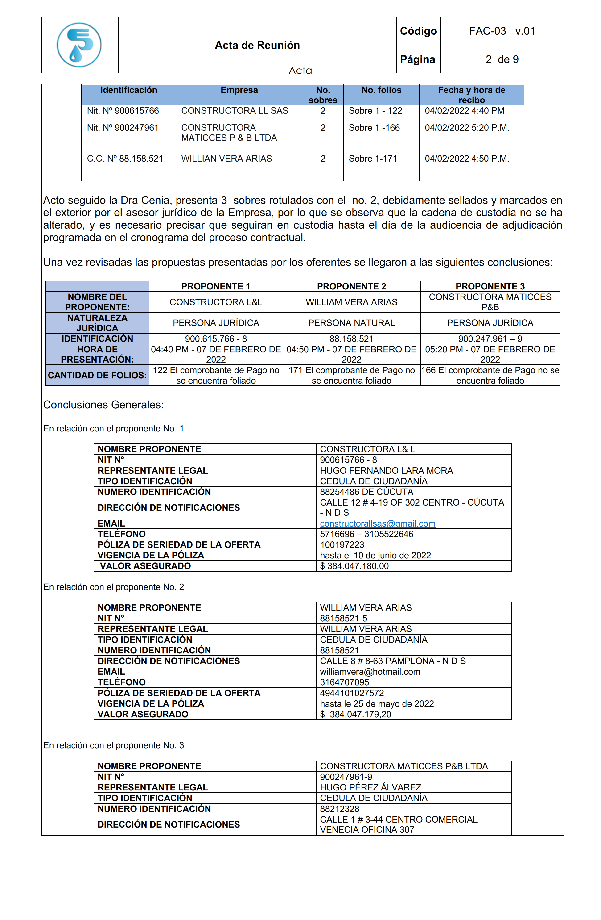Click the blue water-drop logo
79,45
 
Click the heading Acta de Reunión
257,45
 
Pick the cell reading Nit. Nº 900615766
123,111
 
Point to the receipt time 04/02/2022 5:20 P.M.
467,128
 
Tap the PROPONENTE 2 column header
351,286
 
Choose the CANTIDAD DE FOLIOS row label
97,375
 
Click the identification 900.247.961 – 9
490,339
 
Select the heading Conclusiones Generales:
103,405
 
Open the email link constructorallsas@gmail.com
377,523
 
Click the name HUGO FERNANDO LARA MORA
386,470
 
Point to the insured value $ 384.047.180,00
354,566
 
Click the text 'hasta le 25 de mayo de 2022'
377,703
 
